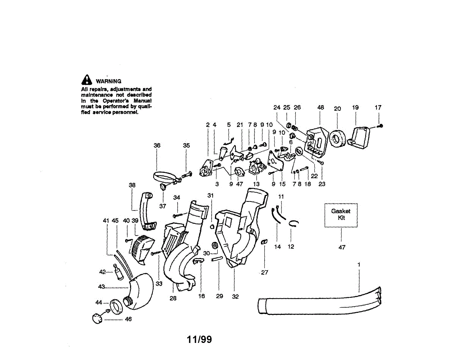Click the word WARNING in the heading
pyautogui.click(x=108, y=81)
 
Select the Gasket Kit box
pyautogui.click(x=341, y=215)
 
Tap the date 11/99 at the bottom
pyautogui.click(x=199, y=340)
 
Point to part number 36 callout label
pyautogui.click(x=157, y=145)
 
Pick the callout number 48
pyautogui.click(x=321, y=108)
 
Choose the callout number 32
pyautogui.click(x=235, y=297)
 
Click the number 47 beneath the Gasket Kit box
pyautogui.click(x=342, y=247)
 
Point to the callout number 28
pyautogui.click(x=173, y=299)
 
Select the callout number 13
pyautogui.click(x=257, y=184)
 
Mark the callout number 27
pyautogui.click(x=265, y=272)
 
